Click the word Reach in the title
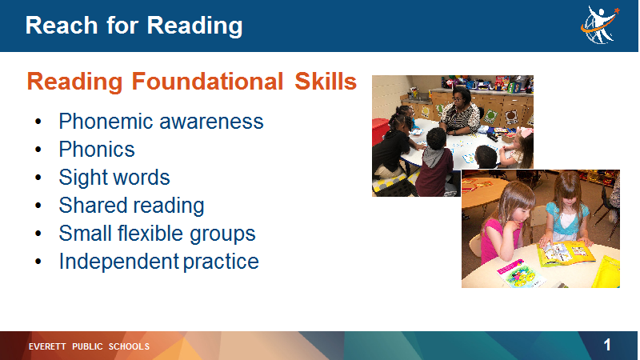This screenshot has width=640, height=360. tap(62, 26)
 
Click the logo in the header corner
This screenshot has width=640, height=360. tap(600, 25)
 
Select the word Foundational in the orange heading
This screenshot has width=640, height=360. tap(207, 81)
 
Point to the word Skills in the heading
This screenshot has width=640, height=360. tap(326, 81)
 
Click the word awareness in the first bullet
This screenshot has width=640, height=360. tap(211, 122)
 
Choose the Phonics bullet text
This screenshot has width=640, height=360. tap(97, 149)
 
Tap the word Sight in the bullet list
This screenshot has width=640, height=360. tap(80, 178)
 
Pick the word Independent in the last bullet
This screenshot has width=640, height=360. tap(118, 262)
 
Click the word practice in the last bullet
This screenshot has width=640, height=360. tap(221, 262)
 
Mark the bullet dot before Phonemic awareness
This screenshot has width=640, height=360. tap(38, 122)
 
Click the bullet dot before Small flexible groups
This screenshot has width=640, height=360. tap(38, 234)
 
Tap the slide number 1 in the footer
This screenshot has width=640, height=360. tap(607, 346)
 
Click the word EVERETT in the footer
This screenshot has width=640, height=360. tap(47, 346)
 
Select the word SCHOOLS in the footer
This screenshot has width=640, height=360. tap(129, 346)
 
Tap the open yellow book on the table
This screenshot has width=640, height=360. tap(566, 253)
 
